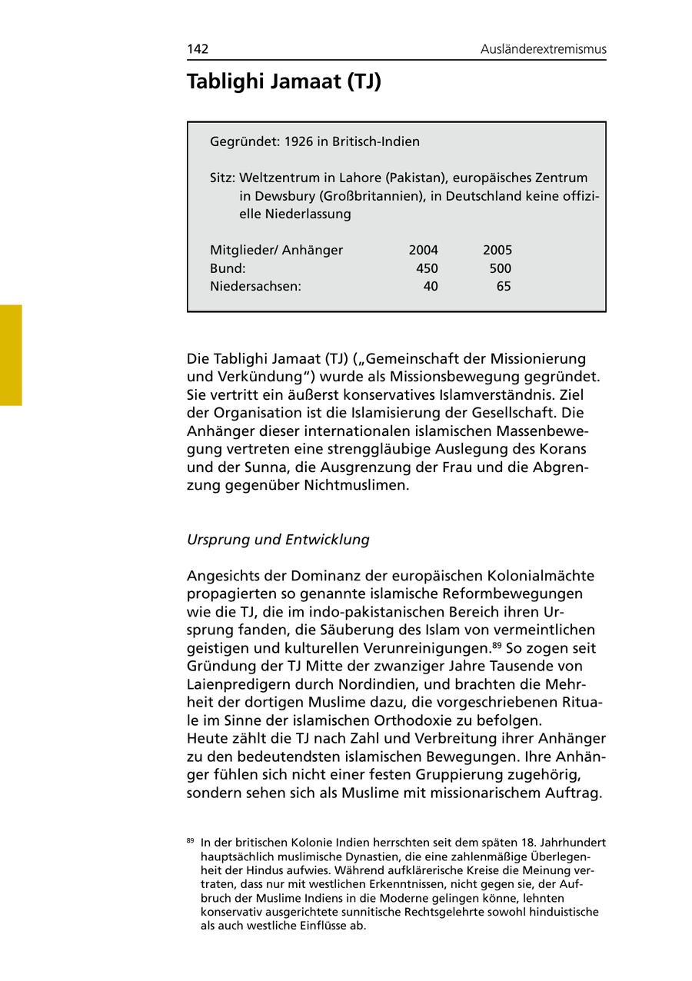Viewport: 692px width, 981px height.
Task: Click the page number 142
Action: [x=198, y=49]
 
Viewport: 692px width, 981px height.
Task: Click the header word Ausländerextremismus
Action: [x=544, y=49]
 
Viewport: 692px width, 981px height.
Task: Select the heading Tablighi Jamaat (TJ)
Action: [x=284, y=81]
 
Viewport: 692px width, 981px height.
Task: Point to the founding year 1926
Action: [x=300, y=141]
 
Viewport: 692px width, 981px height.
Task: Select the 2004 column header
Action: [x=423, y=250]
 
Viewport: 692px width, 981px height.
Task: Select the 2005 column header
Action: [x=497, y=250]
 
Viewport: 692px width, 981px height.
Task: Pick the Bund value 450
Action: [x=427, y=268]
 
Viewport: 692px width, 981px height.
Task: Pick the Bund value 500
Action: [x=500, y=268]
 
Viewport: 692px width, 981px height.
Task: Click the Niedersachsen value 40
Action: [x=431, y=287]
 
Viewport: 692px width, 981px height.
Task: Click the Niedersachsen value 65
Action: [x=504, y=287]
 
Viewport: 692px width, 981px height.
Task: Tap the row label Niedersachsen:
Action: [x=255, y=287]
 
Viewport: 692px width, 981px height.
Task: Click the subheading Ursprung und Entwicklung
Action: [x=278, y=540]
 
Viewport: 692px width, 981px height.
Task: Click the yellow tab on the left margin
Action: [x=11, y=354]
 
